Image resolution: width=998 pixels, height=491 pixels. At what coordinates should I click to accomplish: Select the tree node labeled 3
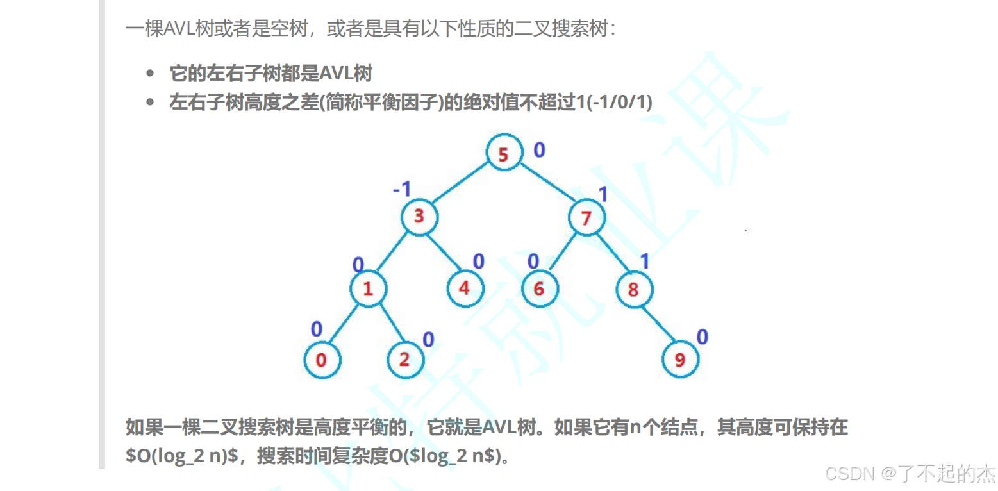(x=419, y=216)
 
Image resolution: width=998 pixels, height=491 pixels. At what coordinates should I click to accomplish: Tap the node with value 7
(x=586, y=218)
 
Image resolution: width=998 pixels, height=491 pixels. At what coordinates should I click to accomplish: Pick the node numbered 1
(x=368, y=288)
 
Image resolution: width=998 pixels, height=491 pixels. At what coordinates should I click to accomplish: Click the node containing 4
(x=464, y=288)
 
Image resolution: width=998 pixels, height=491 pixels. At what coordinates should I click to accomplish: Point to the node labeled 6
(x=538, y=289)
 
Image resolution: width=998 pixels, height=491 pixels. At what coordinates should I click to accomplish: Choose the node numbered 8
(x=633, y=289)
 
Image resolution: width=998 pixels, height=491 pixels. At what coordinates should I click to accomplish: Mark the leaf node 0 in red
(x=321, y=360)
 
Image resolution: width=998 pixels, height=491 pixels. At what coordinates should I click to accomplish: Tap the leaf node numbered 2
(x=404, y=360)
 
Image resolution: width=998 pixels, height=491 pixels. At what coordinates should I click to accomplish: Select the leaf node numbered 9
(x=679, y=360)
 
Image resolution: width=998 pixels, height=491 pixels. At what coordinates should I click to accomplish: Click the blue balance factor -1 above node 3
(x=402, y=189)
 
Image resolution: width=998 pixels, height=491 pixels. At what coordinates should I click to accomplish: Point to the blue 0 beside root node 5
(x=539, y=150)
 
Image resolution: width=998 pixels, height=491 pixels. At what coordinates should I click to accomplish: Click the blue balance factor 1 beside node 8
(x=645, y=261)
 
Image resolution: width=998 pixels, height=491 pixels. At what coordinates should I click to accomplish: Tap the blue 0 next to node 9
(x=703, y=337)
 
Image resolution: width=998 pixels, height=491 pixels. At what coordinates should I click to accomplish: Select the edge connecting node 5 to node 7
(x=545, y=187)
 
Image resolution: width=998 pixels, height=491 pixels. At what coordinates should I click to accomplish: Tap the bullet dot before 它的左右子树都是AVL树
(x=151, y=74)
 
